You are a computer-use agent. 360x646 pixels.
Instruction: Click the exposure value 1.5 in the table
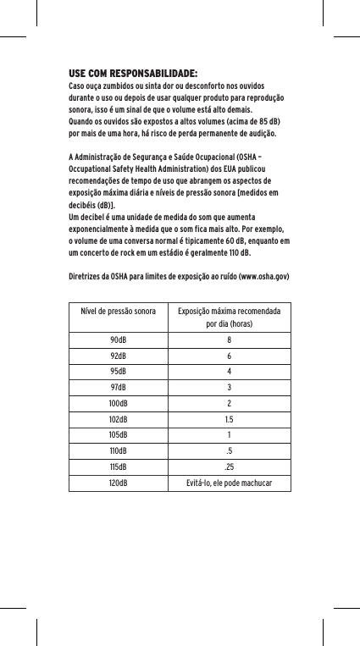[x=229, y=420]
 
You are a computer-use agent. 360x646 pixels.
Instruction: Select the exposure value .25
[x=229, y=467]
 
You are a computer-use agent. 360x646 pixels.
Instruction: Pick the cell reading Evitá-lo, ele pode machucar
[x=229, y=483]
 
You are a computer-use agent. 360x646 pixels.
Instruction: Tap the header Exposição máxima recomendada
[x=229, y=311]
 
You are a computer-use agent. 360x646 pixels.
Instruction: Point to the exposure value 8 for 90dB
[x=229, y=341]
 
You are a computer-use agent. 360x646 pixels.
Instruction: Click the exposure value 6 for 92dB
[x=229, y=357]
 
